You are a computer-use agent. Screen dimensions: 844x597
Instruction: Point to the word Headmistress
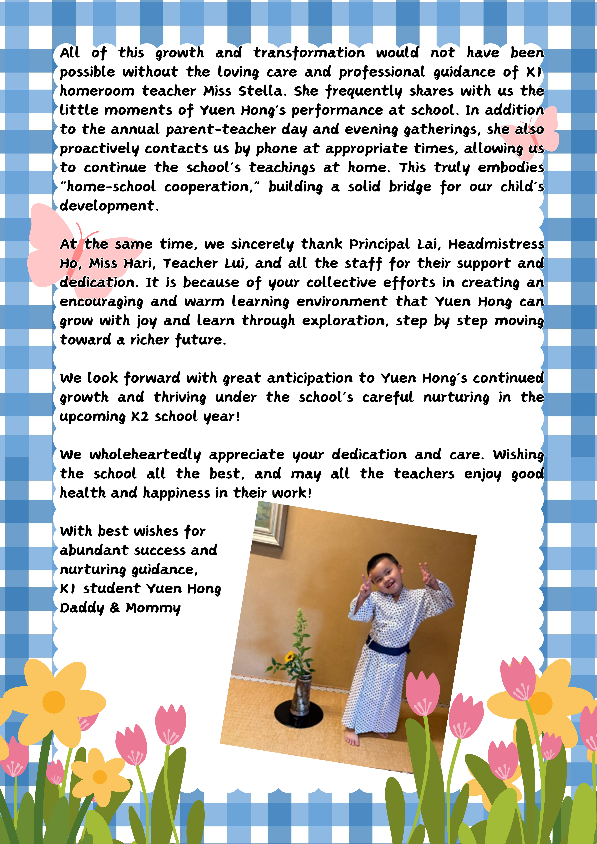pyautogui.click(x=496, y=244)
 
